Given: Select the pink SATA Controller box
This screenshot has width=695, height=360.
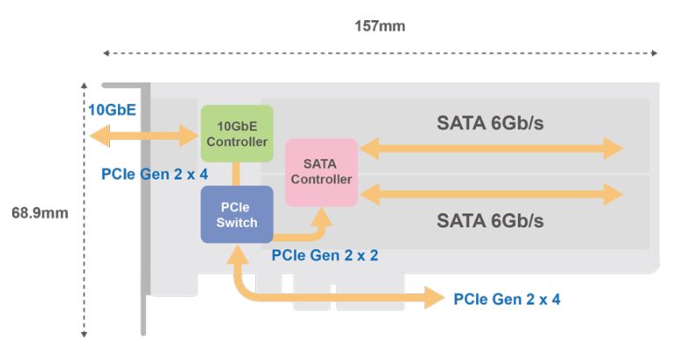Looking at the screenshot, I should (x=321, y=172).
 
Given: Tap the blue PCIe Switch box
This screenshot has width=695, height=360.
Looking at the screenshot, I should (x=237, y=214).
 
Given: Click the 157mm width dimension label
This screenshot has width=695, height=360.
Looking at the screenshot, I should (x=380, y=26).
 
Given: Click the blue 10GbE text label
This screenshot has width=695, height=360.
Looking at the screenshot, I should (x=110, y=110).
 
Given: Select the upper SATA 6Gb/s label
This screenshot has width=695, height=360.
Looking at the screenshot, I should (x=490, y=123).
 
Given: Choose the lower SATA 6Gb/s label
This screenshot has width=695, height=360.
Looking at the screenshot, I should (x=490, y=219).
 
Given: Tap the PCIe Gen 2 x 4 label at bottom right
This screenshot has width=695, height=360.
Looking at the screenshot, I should (x=507, y=299).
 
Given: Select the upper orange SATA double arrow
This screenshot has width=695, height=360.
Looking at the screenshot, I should (x=490, y=149).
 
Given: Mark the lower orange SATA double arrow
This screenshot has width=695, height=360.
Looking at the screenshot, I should (x=490, y=192).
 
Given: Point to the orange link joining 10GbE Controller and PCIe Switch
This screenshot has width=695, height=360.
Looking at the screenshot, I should (x=237, y=174).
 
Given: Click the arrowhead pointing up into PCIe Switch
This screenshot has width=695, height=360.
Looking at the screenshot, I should (x=237, y=254).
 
